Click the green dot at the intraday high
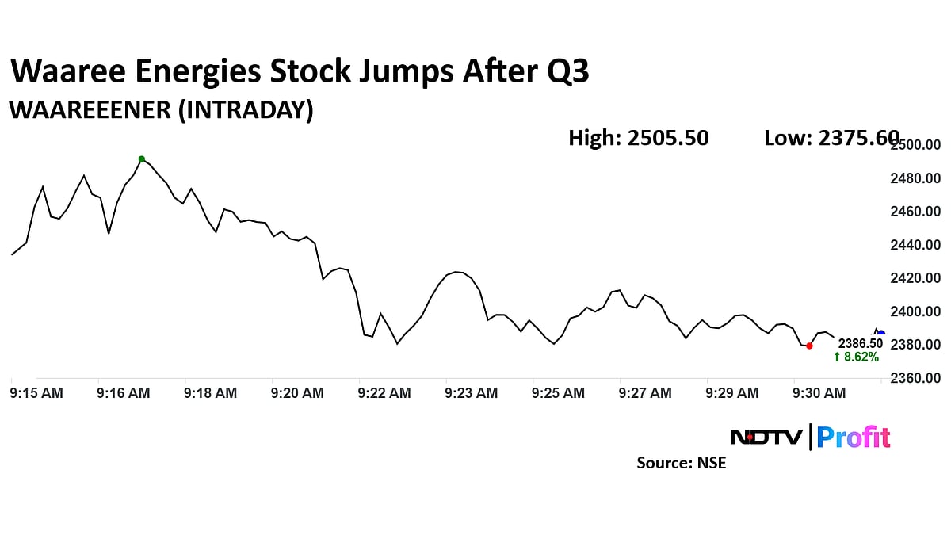click(x=142, y=159)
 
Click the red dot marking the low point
click(x=808, y=346)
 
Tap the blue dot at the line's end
click(x=881, y=334)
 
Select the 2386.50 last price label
click(x=860, y=343)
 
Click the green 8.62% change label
click(x=856, y=357)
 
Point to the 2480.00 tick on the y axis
click(x=915, y=178)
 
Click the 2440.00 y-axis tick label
click(x=915, y=245)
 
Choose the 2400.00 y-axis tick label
click(x=915, y=311)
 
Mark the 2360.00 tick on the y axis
click(x=915, y=378)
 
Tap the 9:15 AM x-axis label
click(x=36, y=392)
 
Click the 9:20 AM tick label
click(x=297, y=392)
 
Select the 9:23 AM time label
click(x=472, y=392)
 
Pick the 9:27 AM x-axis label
click(x=645, y=392)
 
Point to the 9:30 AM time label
click(x=819, y=392)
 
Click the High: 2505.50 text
click(x=638, y=138)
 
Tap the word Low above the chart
click(x=784, y=138)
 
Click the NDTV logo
click(x=766, y=437)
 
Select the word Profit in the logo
click(x=854, y=437)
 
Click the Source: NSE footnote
click(x=681, y=463)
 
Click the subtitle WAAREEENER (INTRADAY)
click(x=161, y=110)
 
